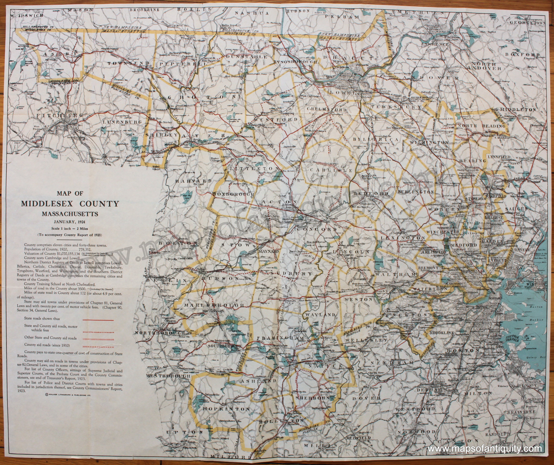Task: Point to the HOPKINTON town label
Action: tap(226, 409)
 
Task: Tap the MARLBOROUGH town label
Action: tap(214, 305)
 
